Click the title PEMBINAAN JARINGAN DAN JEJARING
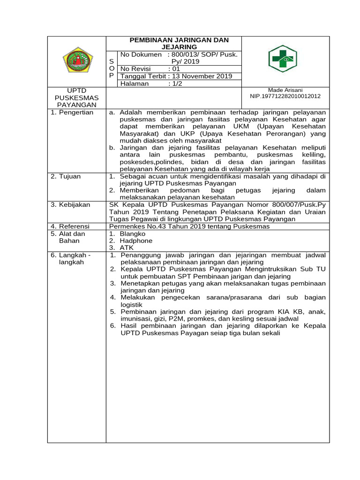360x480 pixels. (x=174, y=44)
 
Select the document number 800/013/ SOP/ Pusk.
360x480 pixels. (x=205, y=55)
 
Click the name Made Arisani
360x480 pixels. (x=285, y=90)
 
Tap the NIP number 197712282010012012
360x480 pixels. (x=285, y=96)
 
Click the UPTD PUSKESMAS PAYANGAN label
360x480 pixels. (x=77, y=97)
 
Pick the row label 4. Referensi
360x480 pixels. (x=70, y=226)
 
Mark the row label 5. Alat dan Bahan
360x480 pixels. (x=68, y=237)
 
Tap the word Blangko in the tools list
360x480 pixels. (x=133, y=233)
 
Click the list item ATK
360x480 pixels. (x=127, y=247)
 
